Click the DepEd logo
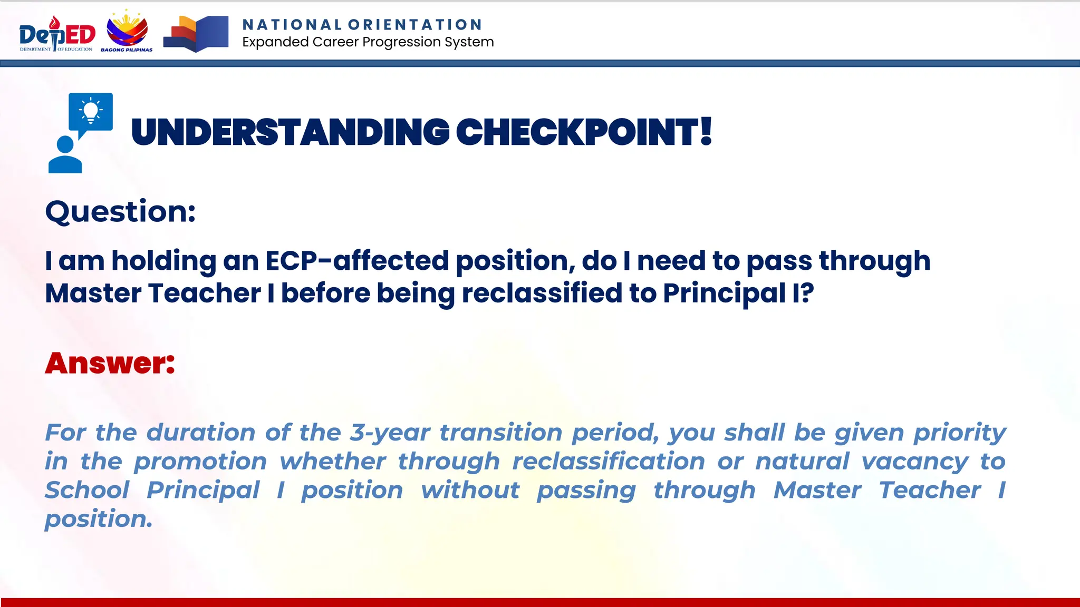pos(57,35)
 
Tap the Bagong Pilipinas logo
pos(127,32)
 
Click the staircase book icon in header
pos(196,34)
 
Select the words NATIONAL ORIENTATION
pos(362,25)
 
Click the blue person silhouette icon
pos(65,155)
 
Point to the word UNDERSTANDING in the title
pos(290,132)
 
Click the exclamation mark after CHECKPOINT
pos(706,131)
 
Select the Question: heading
pos(121,212)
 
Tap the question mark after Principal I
pos(807,293)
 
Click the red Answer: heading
pos(110,363)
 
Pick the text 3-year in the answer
pos(390,433)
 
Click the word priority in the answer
pos(959,433)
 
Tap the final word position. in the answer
pos(99,520)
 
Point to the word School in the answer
pos(87,490)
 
